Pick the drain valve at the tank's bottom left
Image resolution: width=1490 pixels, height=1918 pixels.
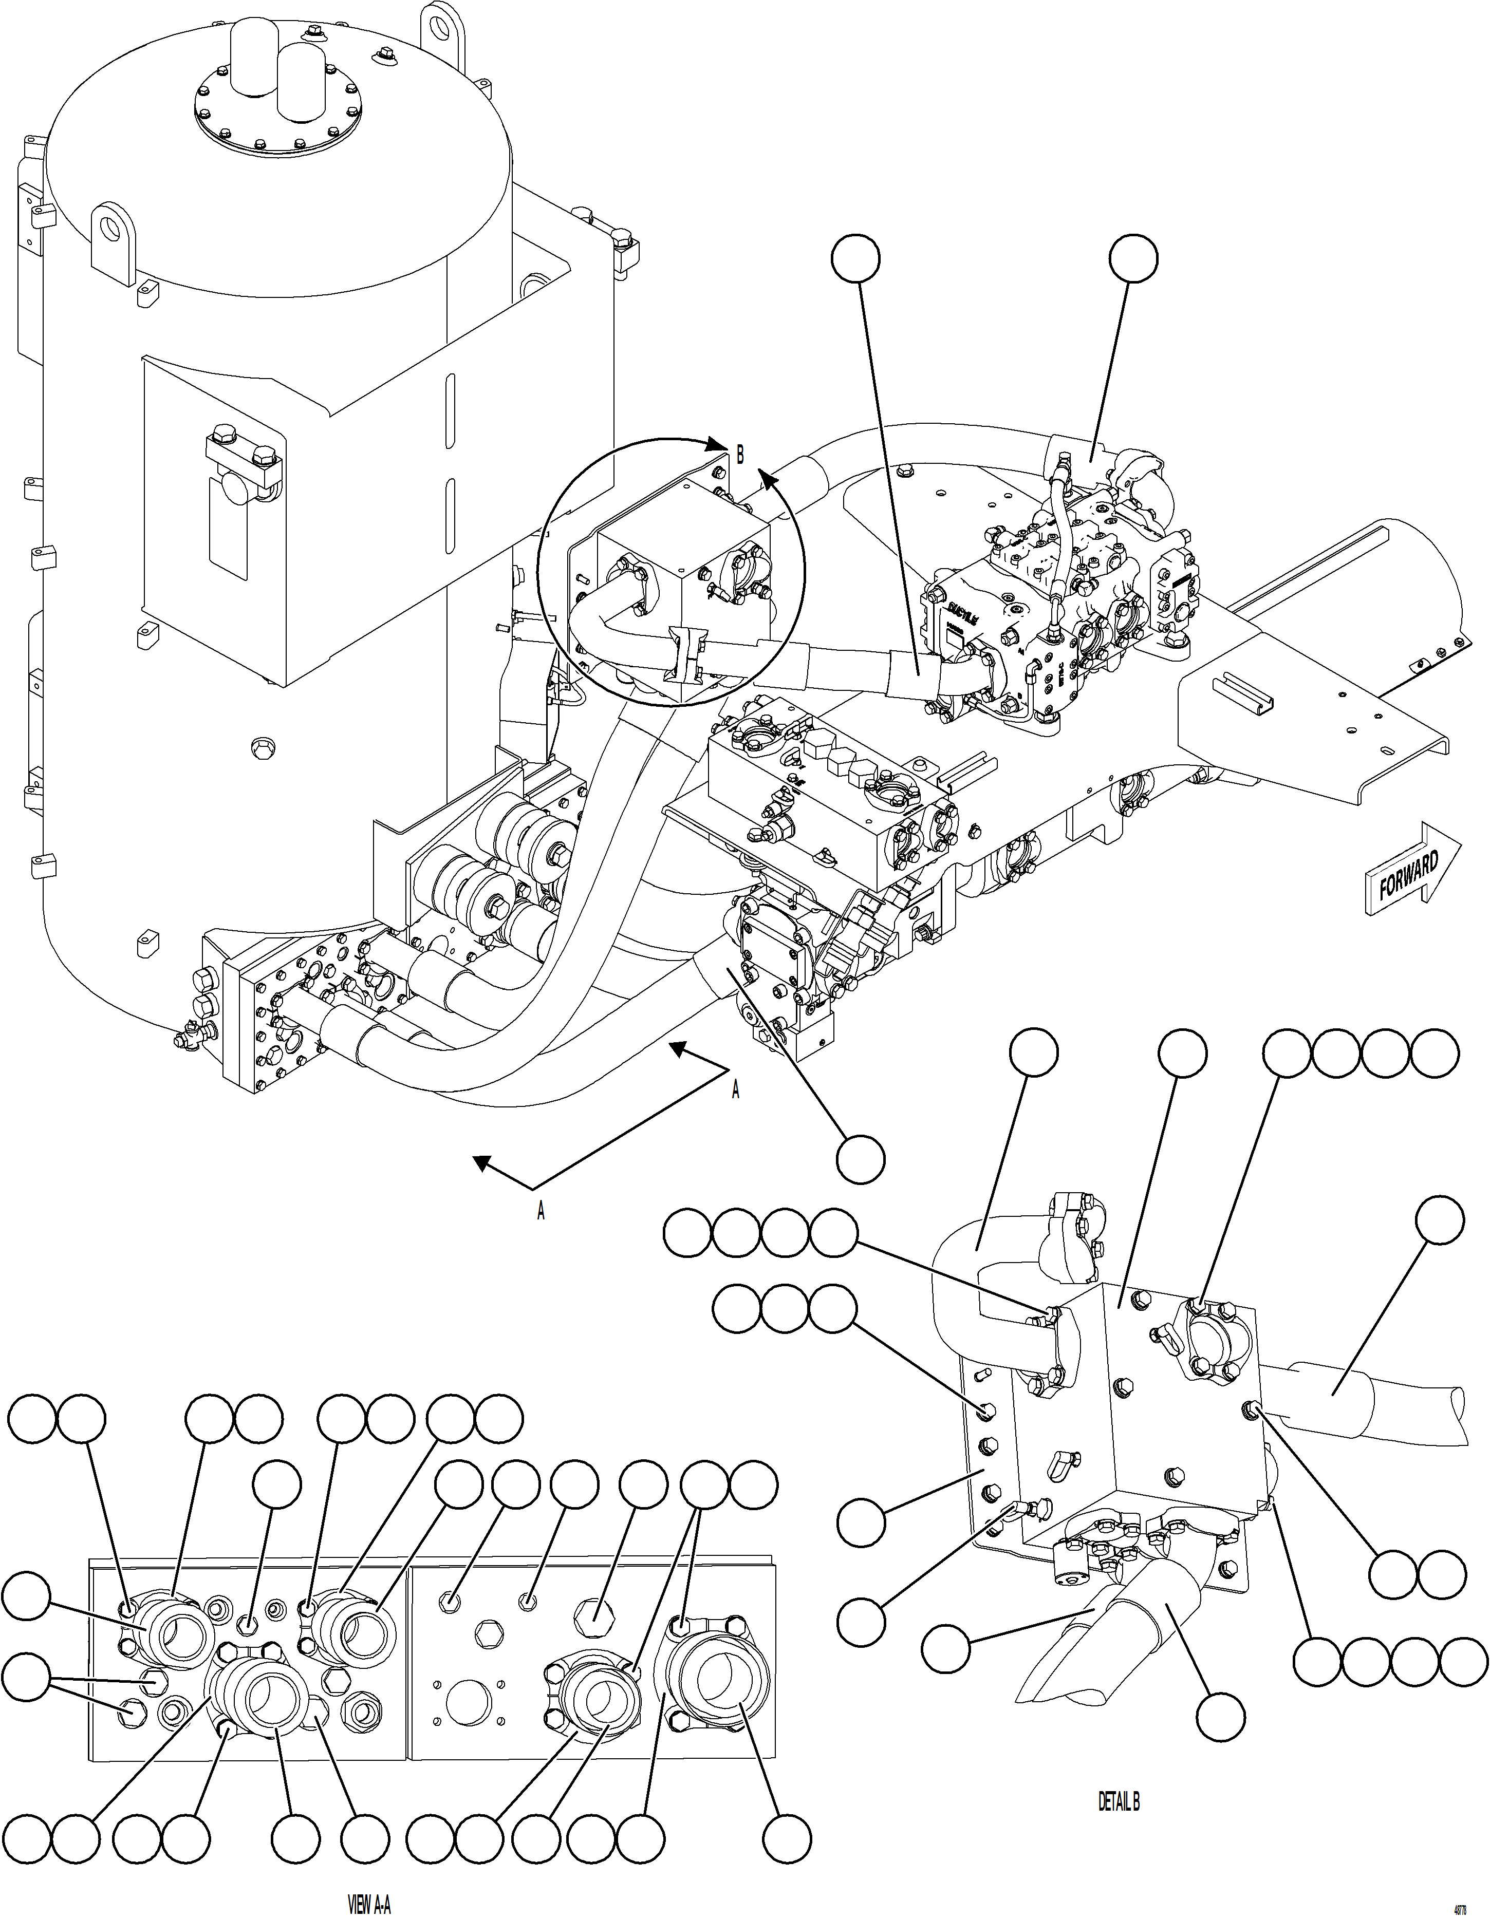tap(186, 1040)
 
